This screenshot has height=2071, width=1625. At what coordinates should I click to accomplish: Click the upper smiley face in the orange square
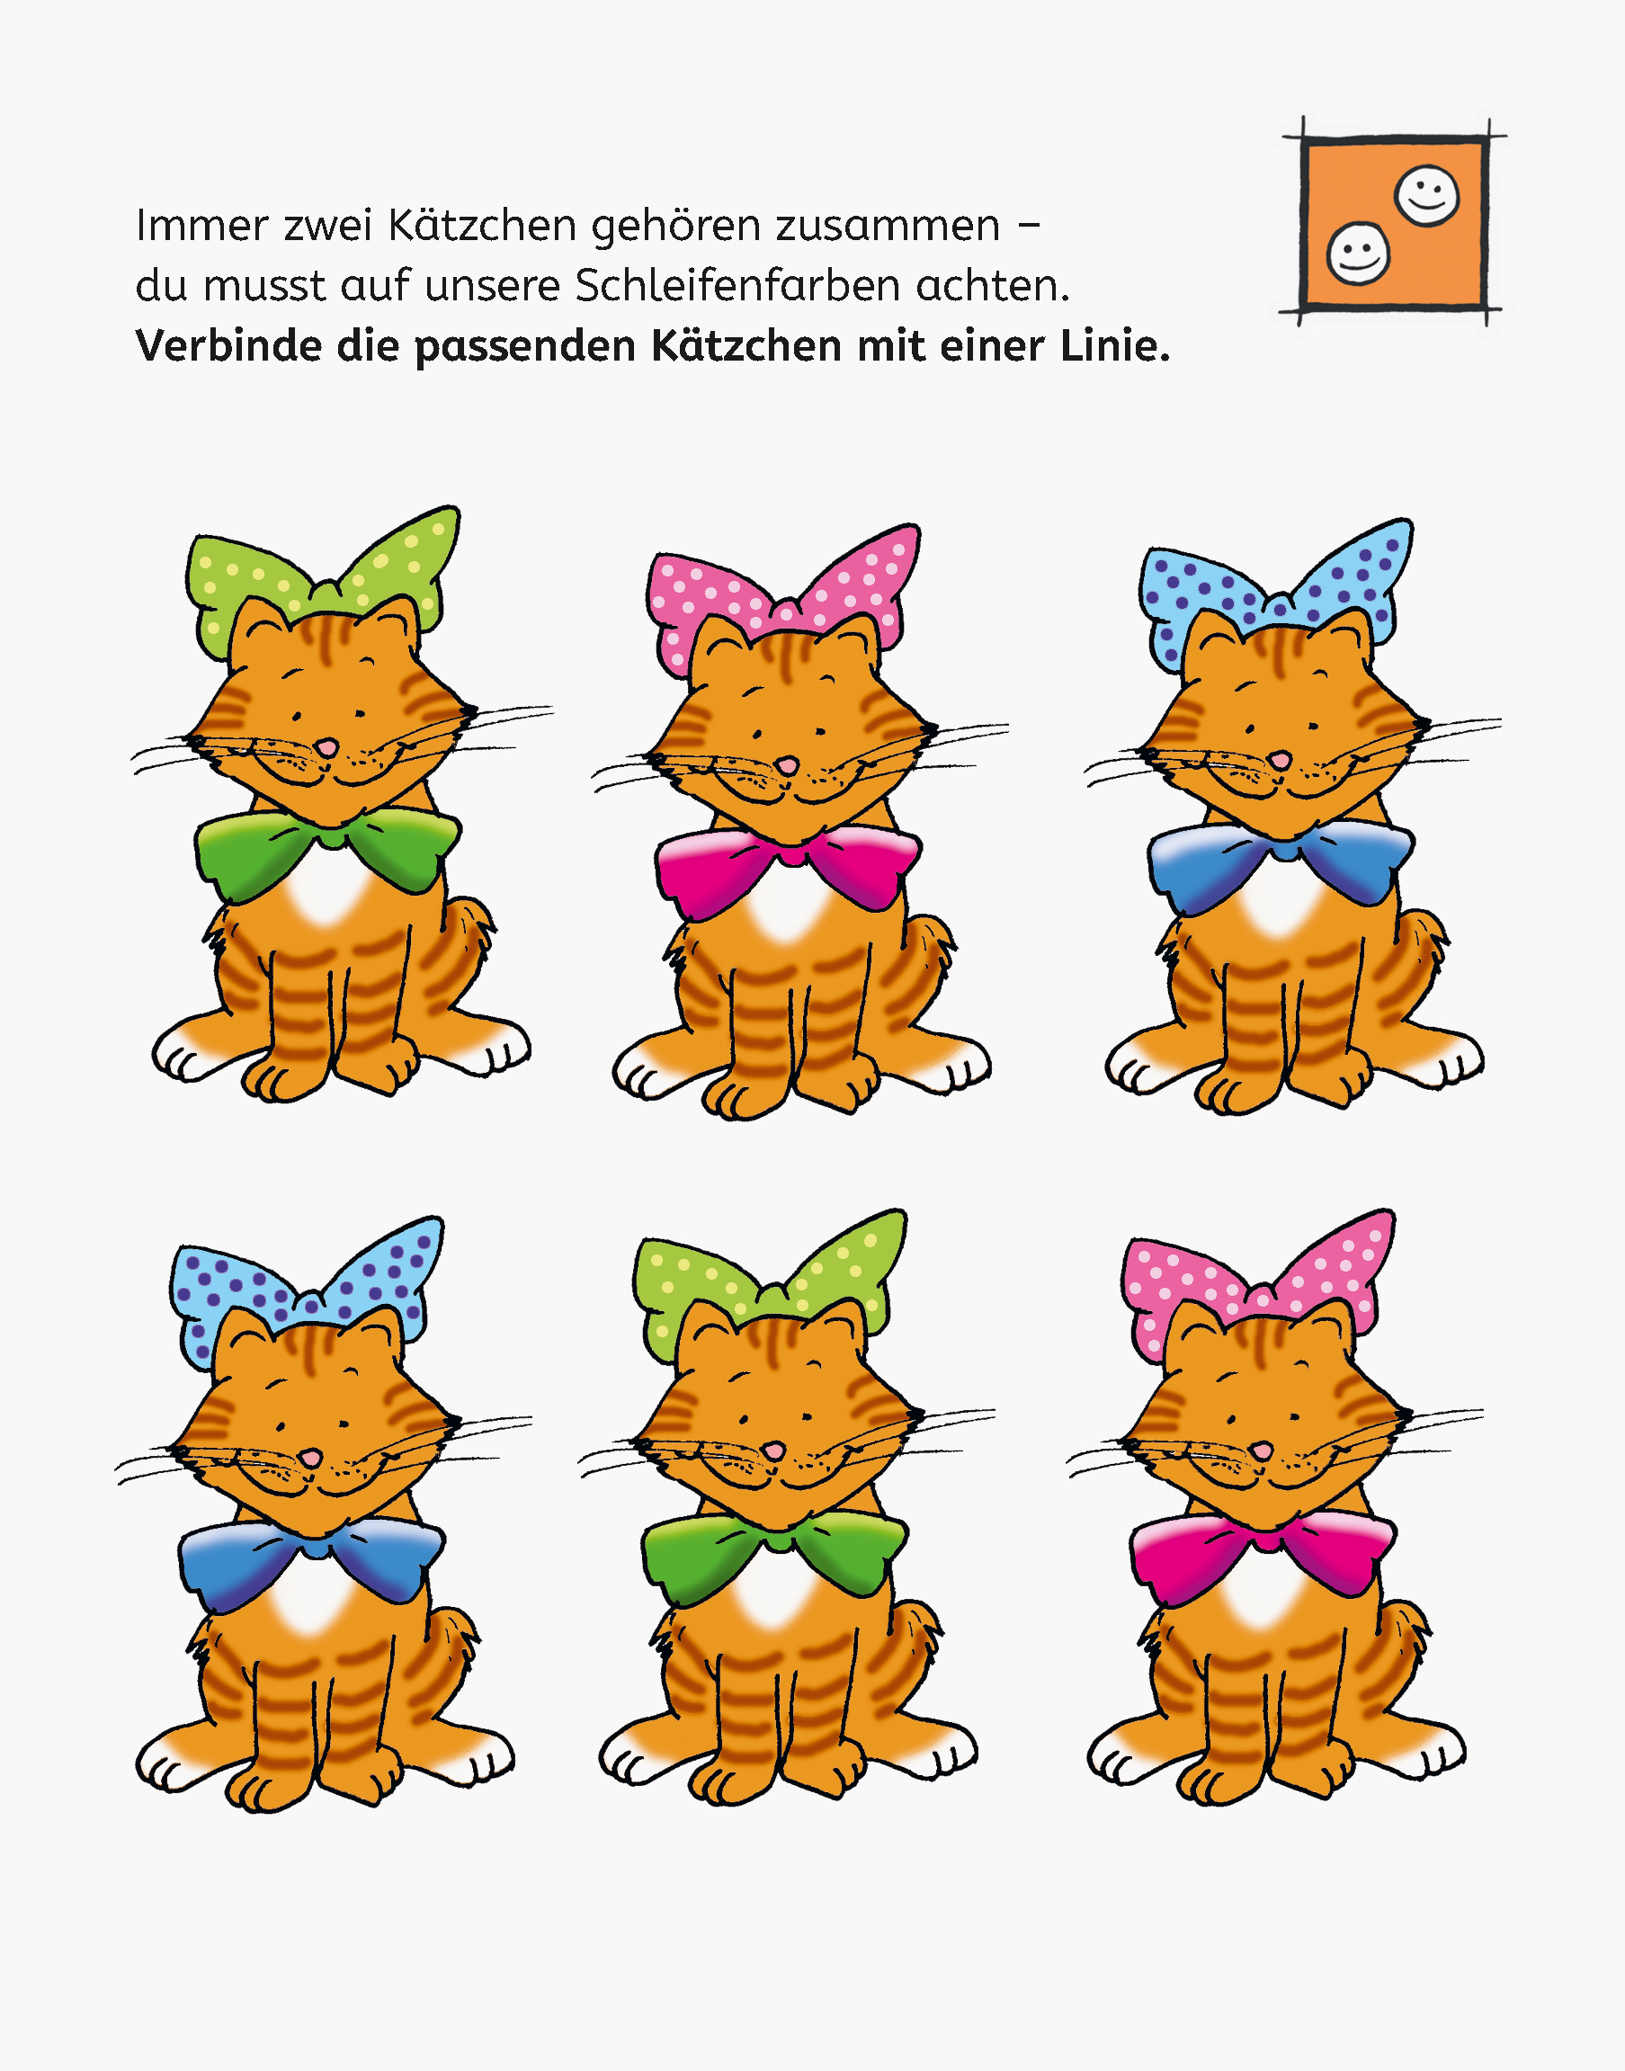coord(1426,196)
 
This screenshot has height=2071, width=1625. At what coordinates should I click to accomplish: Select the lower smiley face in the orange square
coord(1358,253)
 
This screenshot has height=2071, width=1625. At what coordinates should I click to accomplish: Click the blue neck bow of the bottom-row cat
coord(311,1558)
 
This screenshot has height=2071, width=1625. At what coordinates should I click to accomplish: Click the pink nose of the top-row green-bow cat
coord(327,746)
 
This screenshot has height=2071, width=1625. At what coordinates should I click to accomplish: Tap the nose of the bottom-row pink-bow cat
coord(1262,1451)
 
